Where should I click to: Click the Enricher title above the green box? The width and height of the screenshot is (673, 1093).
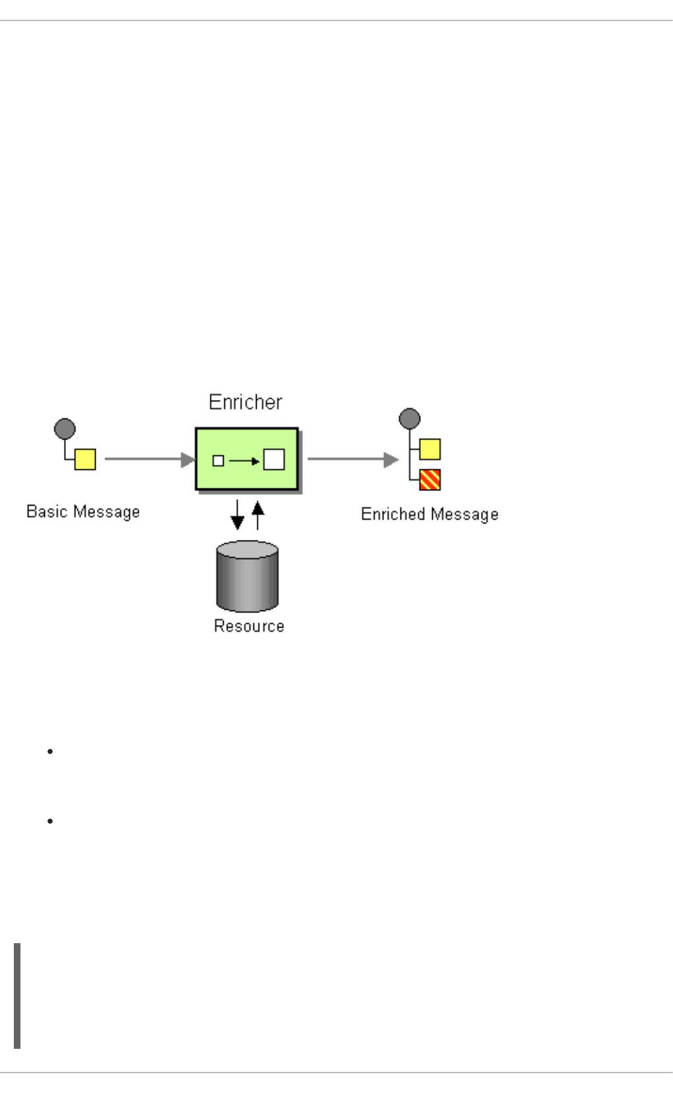tap(245, 402)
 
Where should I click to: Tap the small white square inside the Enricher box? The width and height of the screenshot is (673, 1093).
tap(218, 461)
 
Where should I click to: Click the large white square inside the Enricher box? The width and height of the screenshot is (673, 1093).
tap(274, 459)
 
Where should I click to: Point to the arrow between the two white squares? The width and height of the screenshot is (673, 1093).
tap(244, 461)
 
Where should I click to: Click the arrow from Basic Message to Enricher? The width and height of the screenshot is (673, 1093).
tap(149, 459)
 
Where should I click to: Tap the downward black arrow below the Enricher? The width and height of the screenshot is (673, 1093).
tap(237, 515)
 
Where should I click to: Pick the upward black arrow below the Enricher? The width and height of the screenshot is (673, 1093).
tap(258, 515)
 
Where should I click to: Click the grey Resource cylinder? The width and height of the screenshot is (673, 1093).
tap(247, 576)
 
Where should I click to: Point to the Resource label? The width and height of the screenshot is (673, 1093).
tap(249, 626)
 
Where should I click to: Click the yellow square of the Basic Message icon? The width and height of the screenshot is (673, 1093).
tap(85, 459)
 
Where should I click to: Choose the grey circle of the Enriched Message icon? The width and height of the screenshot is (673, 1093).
tap(410, 419)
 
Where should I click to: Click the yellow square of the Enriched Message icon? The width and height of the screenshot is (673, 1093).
tap(430, 449)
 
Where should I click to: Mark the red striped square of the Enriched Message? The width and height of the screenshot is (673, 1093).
tap(430, 480)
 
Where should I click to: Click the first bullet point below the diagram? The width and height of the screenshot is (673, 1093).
tap(50, 752)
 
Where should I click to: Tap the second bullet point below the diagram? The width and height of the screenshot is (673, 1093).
tap(50, 821)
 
